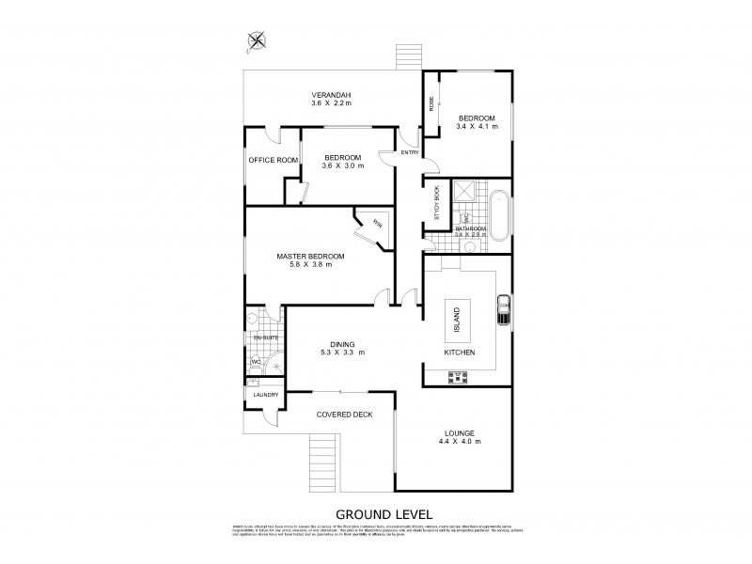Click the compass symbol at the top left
(257, 39)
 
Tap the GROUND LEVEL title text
(376, 514)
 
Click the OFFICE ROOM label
(273, 161)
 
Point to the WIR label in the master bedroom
(377, 224)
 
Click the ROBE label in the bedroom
(431, 104)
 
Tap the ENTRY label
(410, 152)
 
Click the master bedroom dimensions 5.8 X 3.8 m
(310, 265)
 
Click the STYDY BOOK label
(437, 203)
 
